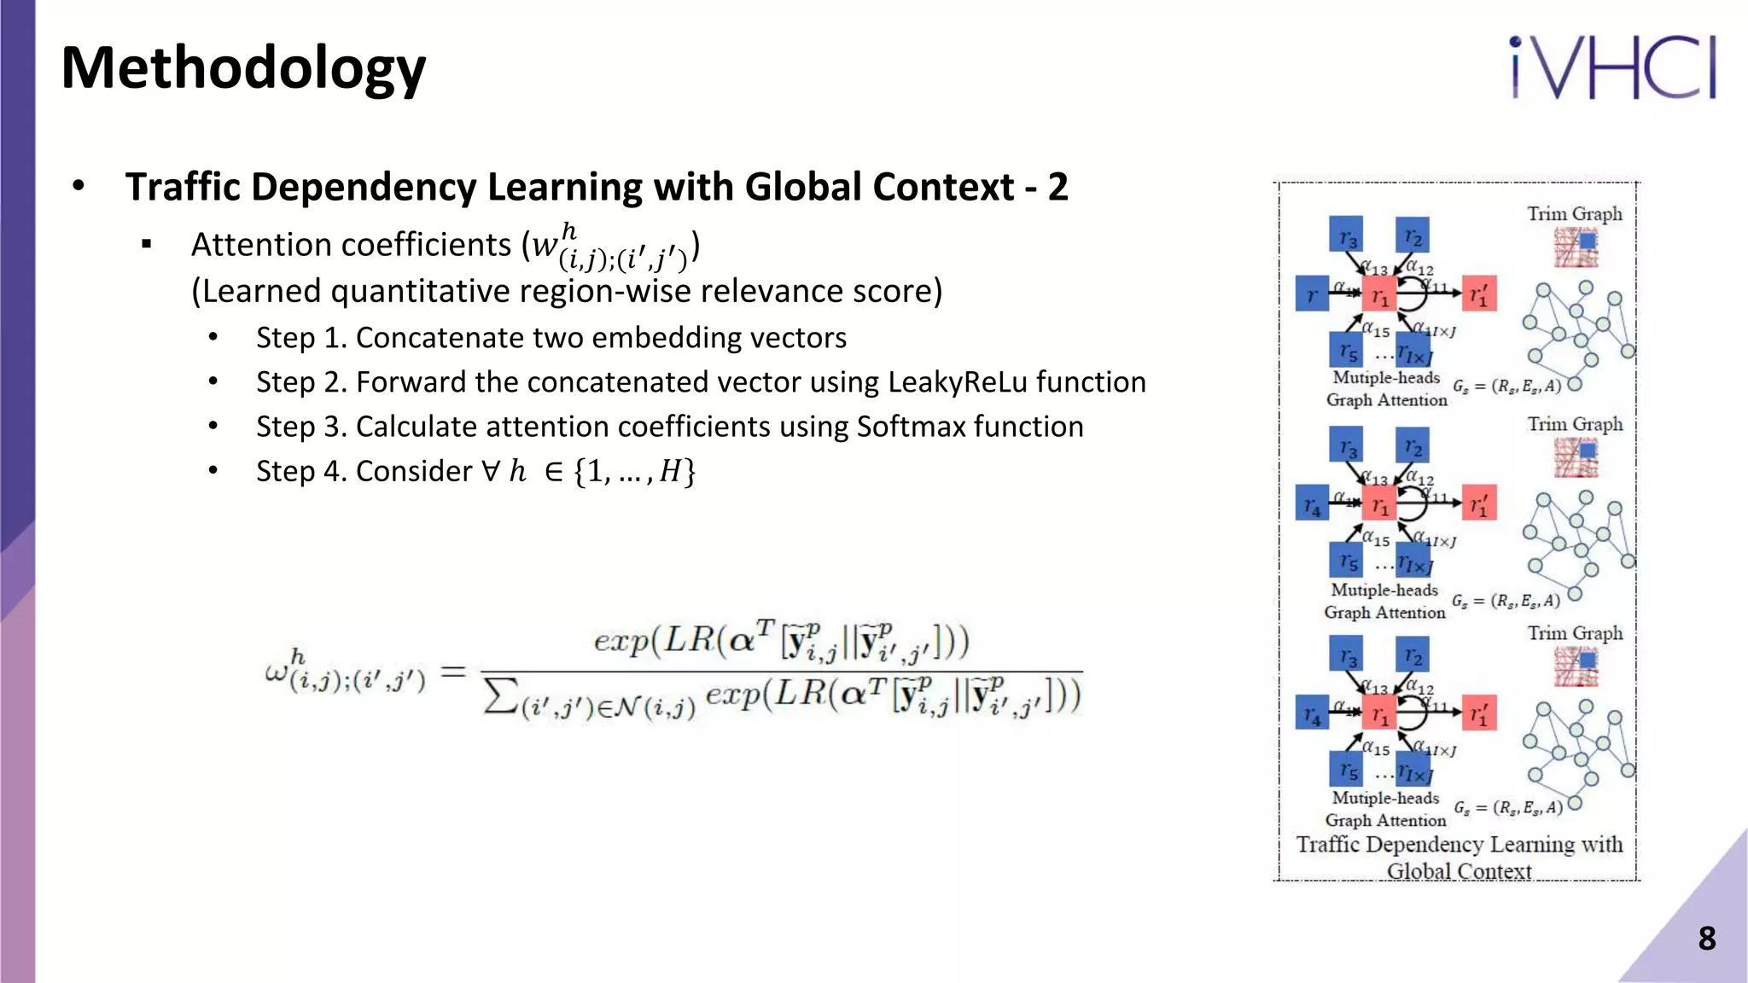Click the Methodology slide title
(x=243, y=68)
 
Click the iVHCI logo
(x=1612, y=68)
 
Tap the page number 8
(x=1706, y=939)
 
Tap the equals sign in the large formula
(x=452, y=672)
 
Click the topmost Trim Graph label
(x=1575, y=213)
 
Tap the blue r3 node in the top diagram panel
(x=1346, y=236)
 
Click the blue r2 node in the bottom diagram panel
(x=1413, y=655)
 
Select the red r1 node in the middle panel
(x=1378, y=505)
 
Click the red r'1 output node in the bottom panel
(x=1479, y=715)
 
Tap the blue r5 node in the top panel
(x=1347, y=350)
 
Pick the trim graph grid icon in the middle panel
(x=1576, y=458)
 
